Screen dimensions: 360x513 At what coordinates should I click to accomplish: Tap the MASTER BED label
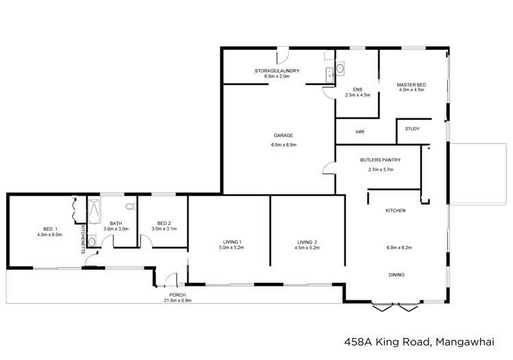click(411, 85)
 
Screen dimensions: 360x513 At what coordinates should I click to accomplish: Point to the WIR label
click(359, 131)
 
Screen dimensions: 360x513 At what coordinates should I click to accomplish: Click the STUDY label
click(412, 129)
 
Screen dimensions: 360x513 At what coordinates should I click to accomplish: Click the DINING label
click(395, 274)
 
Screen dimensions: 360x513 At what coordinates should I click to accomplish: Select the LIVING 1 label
click(232, 241)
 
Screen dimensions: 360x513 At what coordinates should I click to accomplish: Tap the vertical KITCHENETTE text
click(84, 239)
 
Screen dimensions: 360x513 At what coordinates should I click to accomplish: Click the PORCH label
click(177, 295)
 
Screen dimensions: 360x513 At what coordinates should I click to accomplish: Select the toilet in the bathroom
click(129, 205)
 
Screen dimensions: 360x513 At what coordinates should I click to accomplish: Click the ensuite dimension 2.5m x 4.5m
click(357, 95)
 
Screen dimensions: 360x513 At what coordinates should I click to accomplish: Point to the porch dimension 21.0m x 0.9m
click(177, 300)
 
